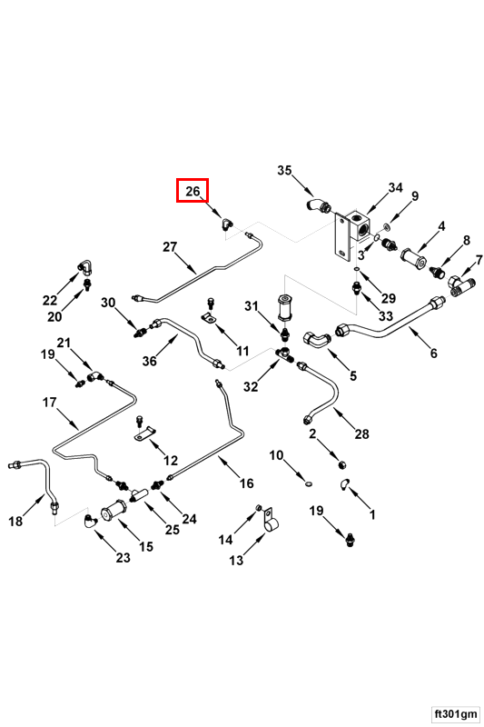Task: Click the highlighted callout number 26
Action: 193,191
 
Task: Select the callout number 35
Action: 284,170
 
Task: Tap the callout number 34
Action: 396,188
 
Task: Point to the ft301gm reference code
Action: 456,712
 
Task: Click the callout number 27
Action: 170,246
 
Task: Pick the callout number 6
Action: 433,354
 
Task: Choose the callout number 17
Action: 50,403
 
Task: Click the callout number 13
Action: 236,560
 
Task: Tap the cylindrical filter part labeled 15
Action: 114,512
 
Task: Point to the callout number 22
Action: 50,300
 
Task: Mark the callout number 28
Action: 361,433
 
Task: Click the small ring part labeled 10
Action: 309,484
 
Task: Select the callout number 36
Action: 149,360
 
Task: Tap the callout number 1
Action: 372,513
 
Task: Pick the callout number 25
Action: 173,529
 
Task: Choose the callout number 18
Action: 15,521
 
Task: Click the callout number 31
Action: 251,306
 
